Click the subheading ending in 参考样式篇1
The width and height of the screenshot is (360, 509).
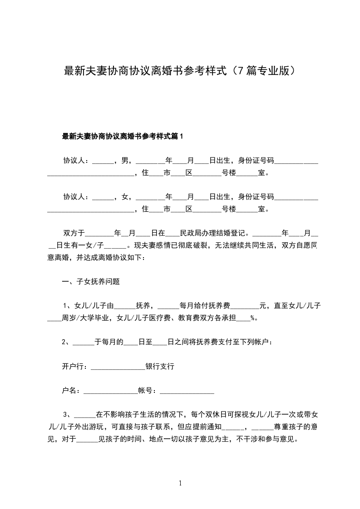122,136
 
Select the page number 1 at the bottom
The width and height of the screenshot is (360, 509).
180,483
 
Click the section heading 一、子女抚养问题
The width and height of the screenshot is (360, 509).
91,281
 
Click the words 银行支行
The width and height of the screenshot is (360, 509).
160,366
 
